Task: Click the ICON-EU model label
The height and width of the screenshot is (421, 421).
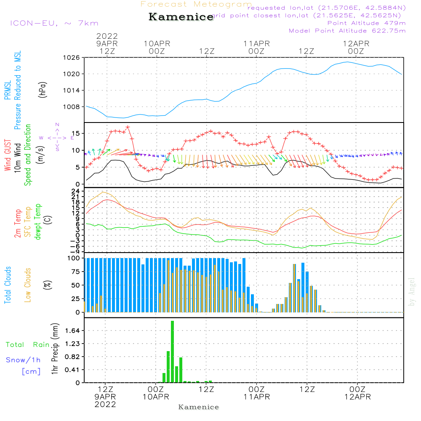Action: (x=53, y=23)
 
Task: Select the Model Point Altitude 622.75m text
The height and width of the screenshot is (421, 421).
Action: (x=347, y=31)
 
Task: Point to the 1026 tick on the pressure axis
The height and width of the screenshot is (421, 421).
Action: (x=71, y=58)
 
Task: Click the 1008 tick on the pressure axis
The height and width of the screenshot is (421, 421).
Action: (x=71, y=107)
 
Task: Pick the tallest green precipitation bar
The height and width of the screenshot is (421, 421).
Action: (x=173, y=352)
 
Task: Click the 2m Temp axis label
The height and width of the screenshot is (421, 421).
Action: (x=18, y=222)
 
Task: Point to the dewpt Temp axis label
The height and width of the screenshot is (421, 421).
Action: (x=38, y=222)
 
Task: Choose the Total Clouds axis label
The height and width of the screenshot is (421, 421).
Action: (x=8, y=285)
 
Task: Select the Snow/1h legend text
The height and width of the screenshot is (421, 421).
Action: (x=24, y=360)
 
